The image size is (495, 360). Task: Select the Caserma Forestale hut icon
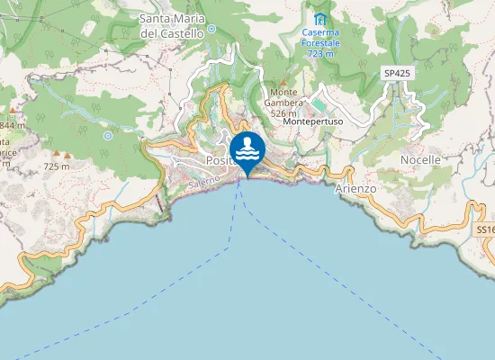317,18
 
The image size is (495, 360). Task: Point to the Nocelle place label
420,159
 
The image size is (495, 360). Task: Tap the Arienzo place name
355,189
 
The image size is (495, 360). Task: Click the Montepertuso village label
310,122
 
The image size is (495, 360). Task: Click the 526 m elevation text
283,113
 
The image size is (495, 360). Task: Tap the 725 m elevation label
56,166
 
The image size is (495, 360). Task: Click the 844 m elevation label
11,125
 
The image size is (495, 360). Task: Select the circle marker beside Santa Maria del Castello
212,29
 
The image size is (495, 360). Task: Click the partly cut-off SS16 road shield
485,230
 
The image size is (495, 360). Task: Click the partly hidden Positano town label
218,160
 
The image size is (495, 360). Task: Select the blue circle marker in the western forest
107,136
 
